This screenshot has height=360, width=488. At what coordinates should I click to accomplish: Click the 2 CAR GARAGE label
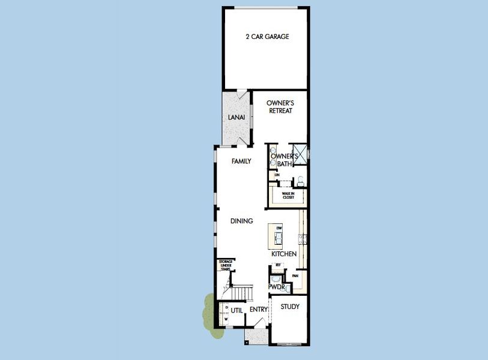[x=267, y=37]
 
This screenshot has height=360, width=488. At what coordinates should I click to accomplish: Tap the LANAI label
[x=235, y=117]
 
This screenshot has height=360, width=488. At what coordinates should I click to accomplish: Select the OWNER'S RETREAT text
[x=280, y=107]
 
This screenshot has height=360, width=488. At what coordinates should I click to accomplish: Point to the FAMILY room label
[x=241, y=161]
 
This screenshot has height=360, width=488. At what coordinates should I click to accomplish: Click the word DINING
[x=241, y=221]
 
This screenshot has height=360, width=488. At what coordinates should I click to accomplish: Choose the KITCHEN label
[x=284, y=254]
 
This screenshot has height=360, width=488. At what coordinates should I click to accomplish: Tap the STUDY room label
[x=290, y=307]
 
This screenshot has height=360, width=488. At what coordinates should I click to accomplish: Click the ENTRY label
[x=259, y=310]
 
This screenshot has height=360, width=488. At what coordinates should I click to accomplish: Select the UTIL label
[x=236, y=310]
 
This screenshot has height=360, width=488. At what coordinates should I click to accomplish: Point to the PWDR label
[x=276, y=287]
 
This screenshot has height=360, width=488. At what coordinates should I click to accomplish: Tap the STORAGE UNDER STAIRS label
[x=226, y=265]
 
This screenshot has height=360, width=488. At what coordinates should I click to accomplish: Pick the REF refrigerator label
[x=278, y=265]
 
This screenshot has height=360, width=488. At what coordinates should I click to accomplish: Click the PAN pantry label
[x=295, y=276]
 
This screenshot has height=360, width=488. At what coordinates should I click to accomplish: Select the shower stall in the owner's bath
[x=300, y=154]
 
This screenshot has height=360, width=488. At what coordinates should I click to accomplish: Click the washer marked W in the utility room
[x=226, y=319]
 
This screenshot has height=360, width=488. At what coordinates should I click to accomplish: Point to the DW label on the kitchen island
[x=279, y=229]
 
